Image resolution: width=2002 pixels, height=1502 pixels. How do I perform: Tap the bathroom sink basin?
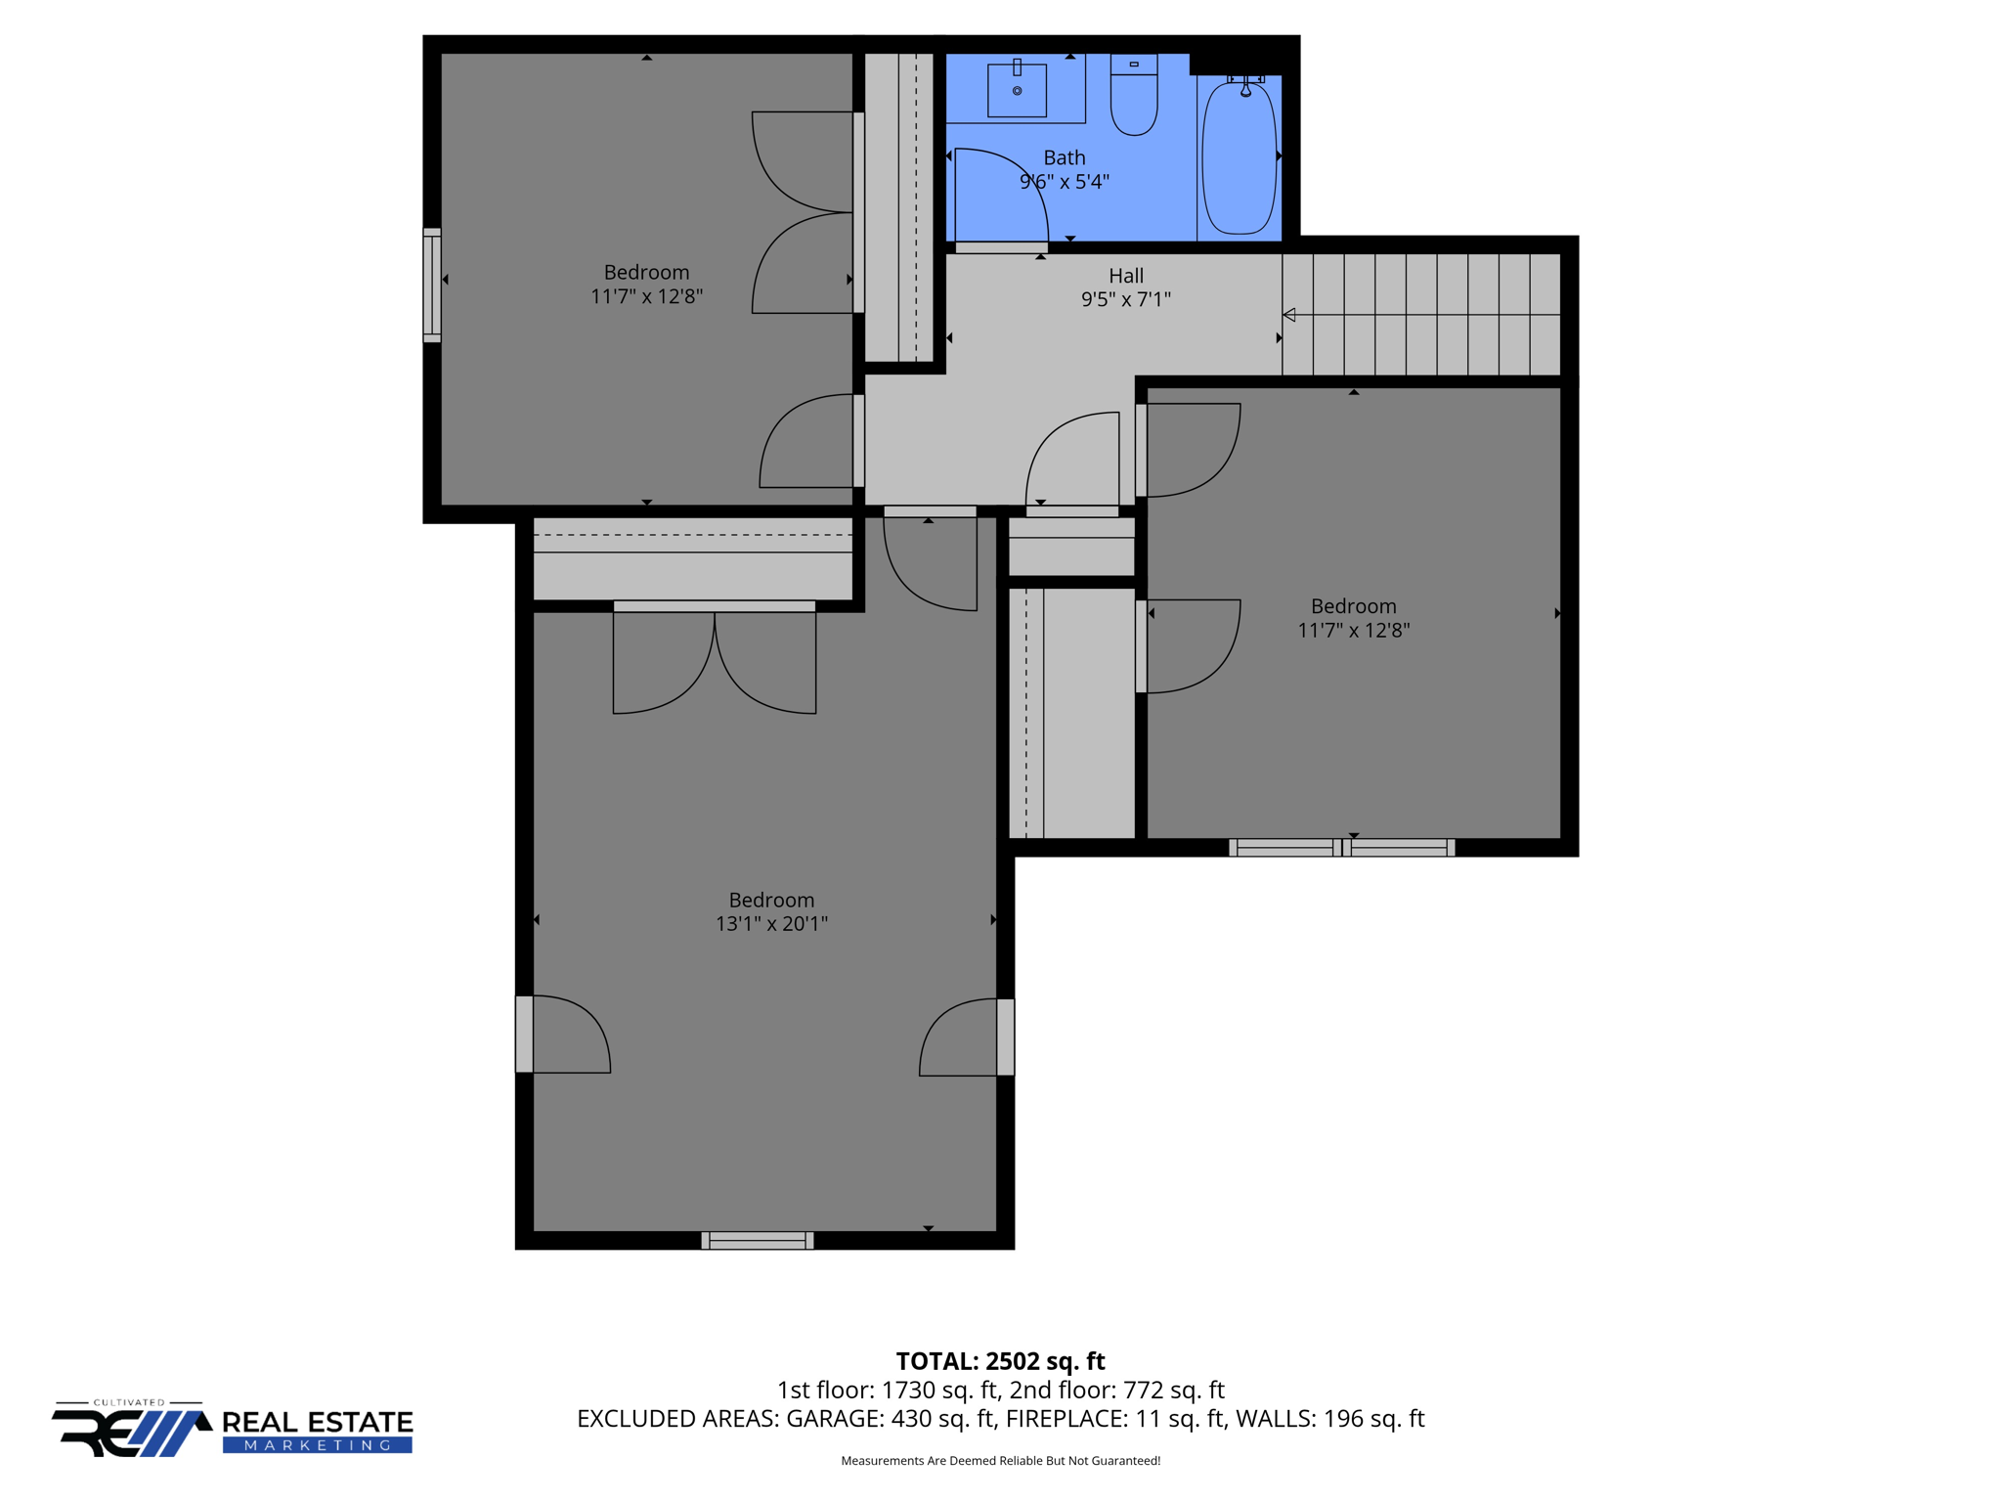click(1017, 91)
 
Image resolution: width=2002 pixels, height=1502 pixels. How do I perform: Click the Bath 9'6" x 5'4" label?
click(1064, 169)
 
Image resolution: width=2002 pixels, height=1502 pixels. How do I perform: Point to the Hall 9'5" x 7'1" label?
click(1125, 287)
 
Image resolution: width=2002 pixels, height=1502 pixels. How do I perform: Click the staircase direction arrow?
click(1289, 315)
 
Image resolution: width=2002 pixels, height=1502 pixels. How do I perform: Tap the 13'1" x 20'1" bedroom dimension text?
click(771, 923)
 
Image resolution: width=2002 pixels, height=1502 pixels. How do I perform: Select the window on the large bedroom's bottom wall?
click(758, 1240)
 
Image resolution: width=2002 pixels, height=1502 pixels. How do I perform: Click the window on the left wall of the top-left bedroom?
click(431, 286)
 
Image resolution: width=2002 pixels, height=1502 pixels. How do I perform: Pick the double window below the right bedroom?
click(1341, 848)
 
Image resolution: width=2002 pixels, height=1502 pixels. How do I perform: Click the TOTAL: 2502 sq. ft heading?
click(1000, 1361)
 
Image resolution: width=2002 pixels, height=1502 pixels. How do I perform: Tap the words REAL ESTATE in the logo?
click(318, 1422)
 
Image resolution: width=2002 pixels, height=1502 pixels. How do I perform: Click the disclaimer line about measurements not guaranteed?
click(1000, 1461)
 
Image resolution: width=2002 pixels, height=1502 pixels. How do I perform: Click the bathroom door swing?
click(999, 196)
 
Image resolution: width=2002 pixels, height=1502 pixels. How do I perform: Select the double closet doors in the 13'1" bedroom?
click(715, 657)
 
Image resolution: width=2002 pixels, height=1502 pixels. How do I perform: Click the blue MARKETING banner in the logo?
click(318, 1445)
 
